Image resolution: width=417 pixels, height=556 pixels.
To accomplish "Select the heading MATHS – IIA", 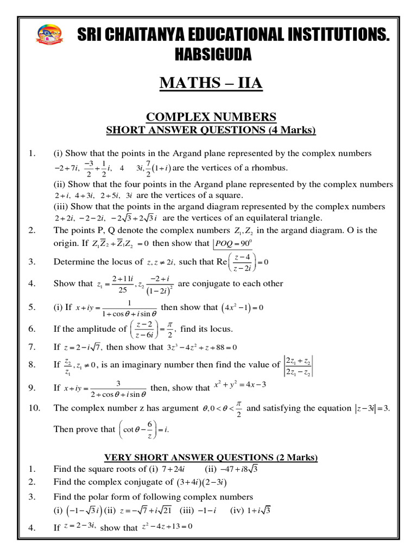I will pos(211,83).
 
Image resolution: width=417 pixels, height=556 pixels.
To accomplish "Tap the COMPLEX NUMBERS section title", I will pos(211,117).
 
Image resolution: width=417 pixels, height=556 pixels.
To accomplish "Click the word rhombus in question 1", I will pos(269,167).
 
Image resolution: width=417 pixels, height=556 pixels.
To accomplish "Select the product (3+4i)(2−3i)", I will pos(205,482).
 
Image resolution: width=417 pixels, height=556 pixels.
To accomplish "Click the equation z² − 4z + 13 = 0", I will pos(167,526).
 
